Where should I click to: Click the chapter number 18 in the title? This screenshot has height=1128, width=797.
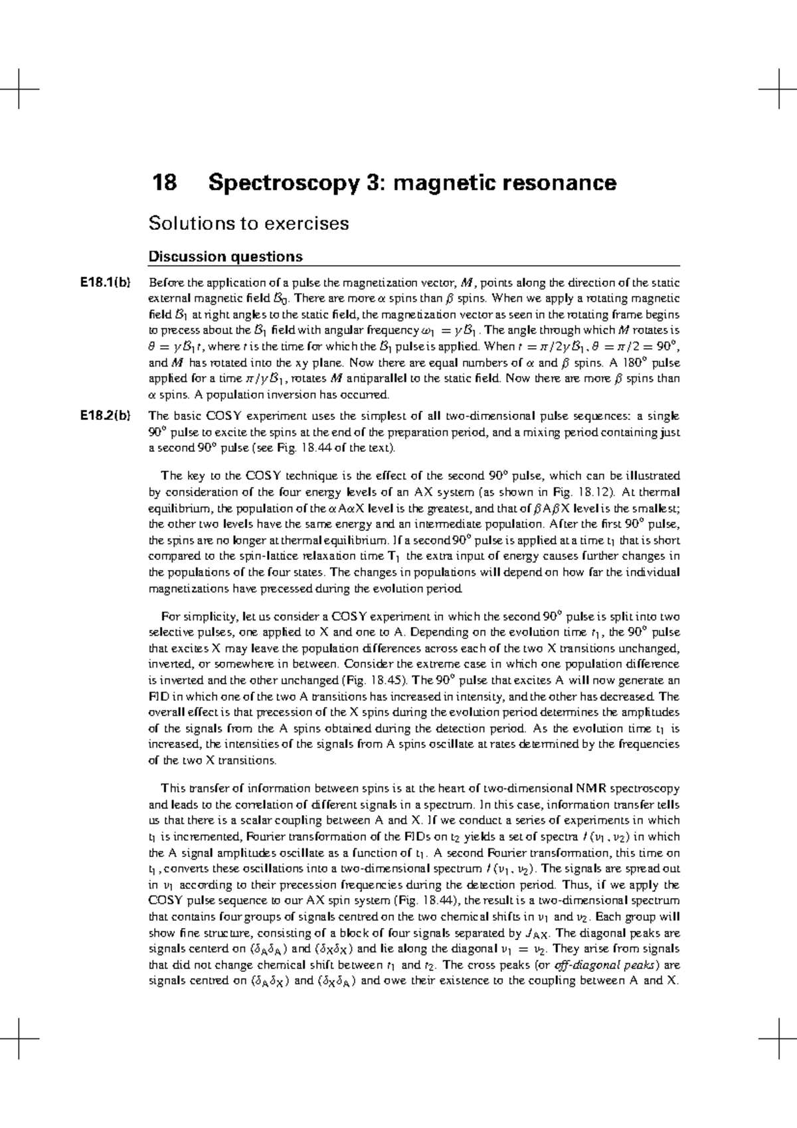coord(165,183)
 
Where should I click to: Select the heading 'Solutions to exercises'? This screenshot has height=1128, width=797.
coord(248,223)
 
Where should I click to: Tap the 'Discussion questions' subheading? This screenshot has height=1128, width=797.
coord(225,256)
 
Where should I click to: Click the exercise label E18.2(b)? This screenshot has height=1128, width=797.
coord(104,417)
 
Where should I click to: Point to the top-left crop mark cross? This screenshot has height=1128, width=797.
coord(20,88)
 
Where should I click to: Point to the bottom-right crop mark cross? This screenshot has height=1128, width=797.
coord(776,1038)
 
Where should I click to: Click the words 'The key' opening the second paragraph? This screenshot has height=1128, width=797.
coord(181,476)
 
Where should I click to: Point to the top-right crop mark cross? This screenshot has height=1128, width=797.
coord(776,88)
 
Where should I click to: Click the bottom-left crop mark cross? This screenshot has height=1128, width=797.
coord(20,1038)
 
